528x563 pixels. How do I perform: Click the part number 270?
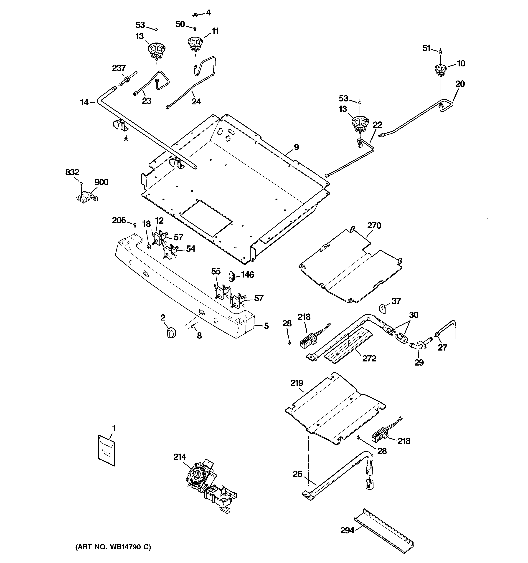pos(374,225)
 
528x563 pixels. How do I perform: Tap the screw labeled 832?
pos(81,184)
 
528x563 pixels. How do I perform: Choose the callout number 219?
pos(297,383)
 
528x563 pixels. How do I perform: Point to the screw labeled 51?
pos(440,52)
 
